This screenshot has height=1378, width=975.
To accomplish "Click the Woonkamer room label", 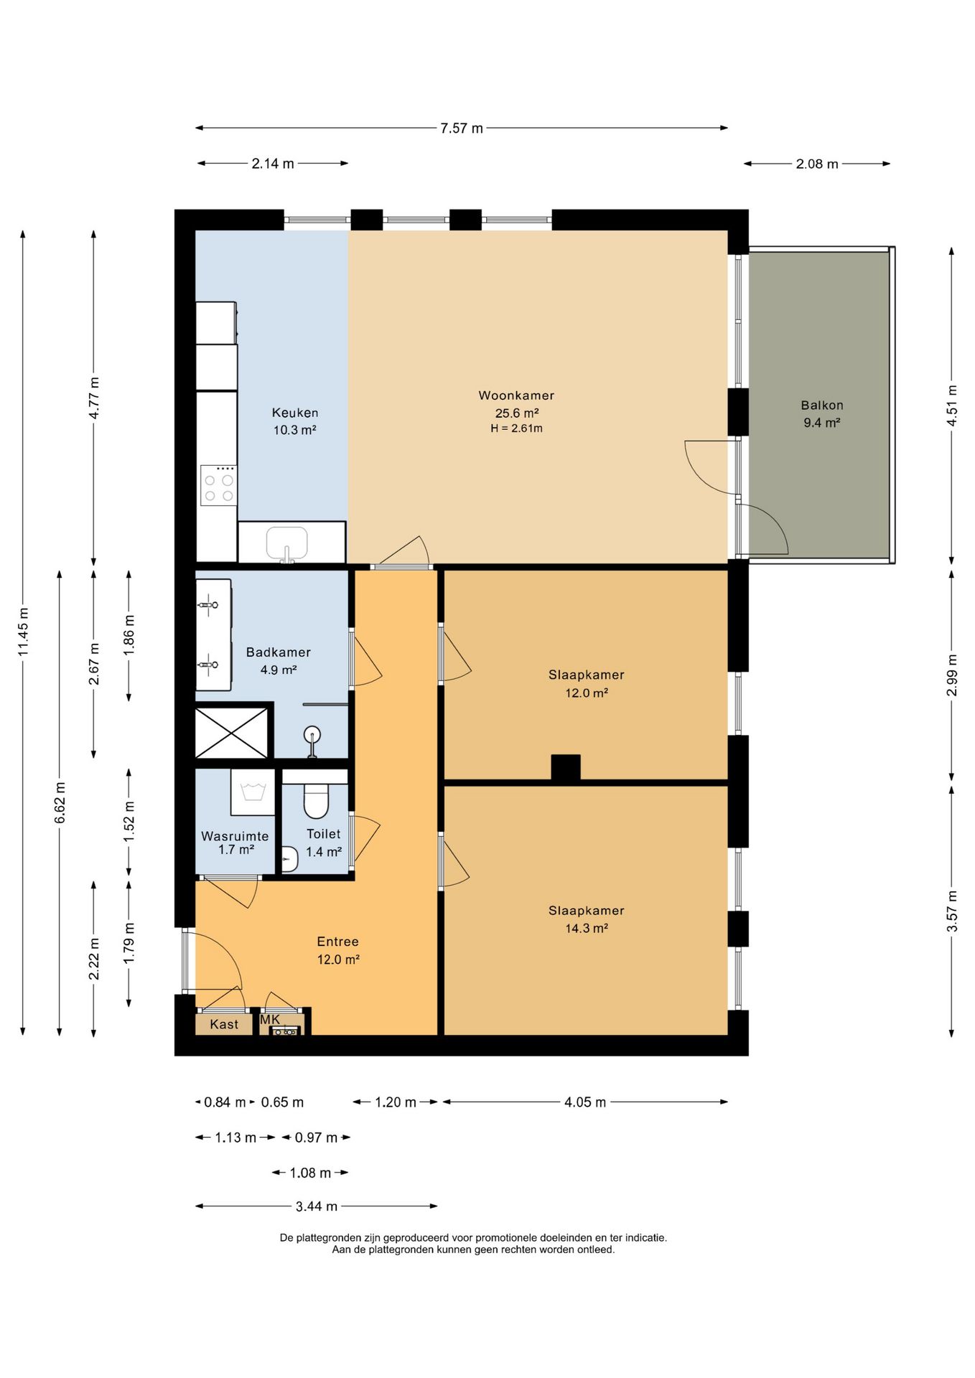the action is (516, 395).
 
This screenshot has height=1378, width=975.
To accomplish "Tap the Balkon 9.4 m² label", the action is (822, 414).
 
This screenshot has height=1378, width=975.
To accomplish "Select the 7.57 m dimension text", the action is (462, 128).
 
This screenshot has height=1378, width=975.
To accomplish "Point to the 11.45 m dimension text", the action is (24, 632).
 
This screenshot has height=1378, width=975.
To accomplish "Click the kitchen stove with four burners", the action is (219, 485).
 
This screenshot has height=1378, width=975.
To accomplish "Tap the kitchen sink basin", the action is (287, 543).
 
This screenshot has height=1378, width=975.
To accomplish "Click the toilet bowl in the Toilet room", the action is (316, 801).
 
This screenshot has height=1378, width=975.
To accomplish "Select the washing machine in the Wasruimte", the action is (253, 792).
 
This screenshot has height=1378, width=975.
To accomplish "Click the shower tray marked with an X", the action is (231, 732).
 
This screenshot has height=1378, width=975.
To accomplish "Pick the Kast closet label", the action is (224, 1024).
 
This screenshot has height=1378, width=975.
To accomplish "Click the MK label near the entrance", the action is (270, 1020).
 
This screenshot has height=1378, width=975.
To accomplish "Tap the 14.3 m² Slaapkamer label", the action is (587, 919).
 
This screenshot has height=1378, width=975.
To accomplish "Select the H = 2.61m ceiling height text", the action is (517, 428).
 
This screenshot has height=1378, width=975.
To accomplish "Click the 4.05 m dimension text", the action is (585, 1102).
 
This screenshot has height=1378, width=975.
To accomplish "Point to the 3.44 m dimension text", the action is (317, 1206).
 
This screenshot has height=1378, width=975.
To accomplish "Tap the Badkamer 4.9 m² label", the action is (279, 661).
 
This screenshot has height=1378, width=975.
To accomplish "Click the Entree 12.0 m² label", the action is (338, 950).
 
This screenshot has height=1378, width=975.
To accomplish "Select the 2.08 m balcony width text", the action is (817, 164).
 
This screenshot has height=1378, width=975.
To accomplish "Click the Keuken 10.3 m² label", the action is (295, 421).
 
